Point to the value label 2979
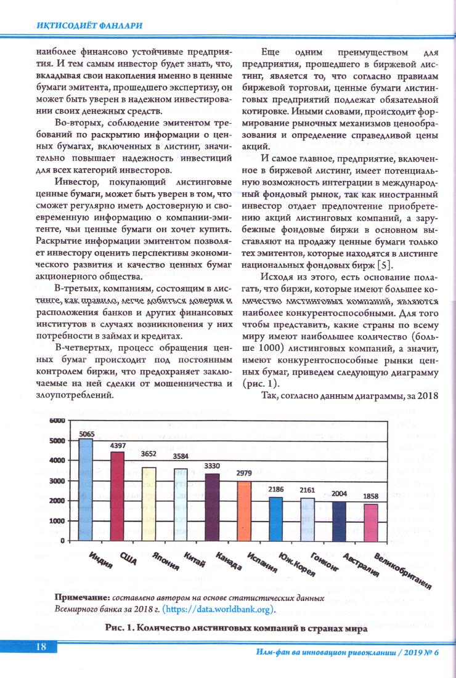[245, 472]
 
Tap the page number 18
[42, 646]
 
